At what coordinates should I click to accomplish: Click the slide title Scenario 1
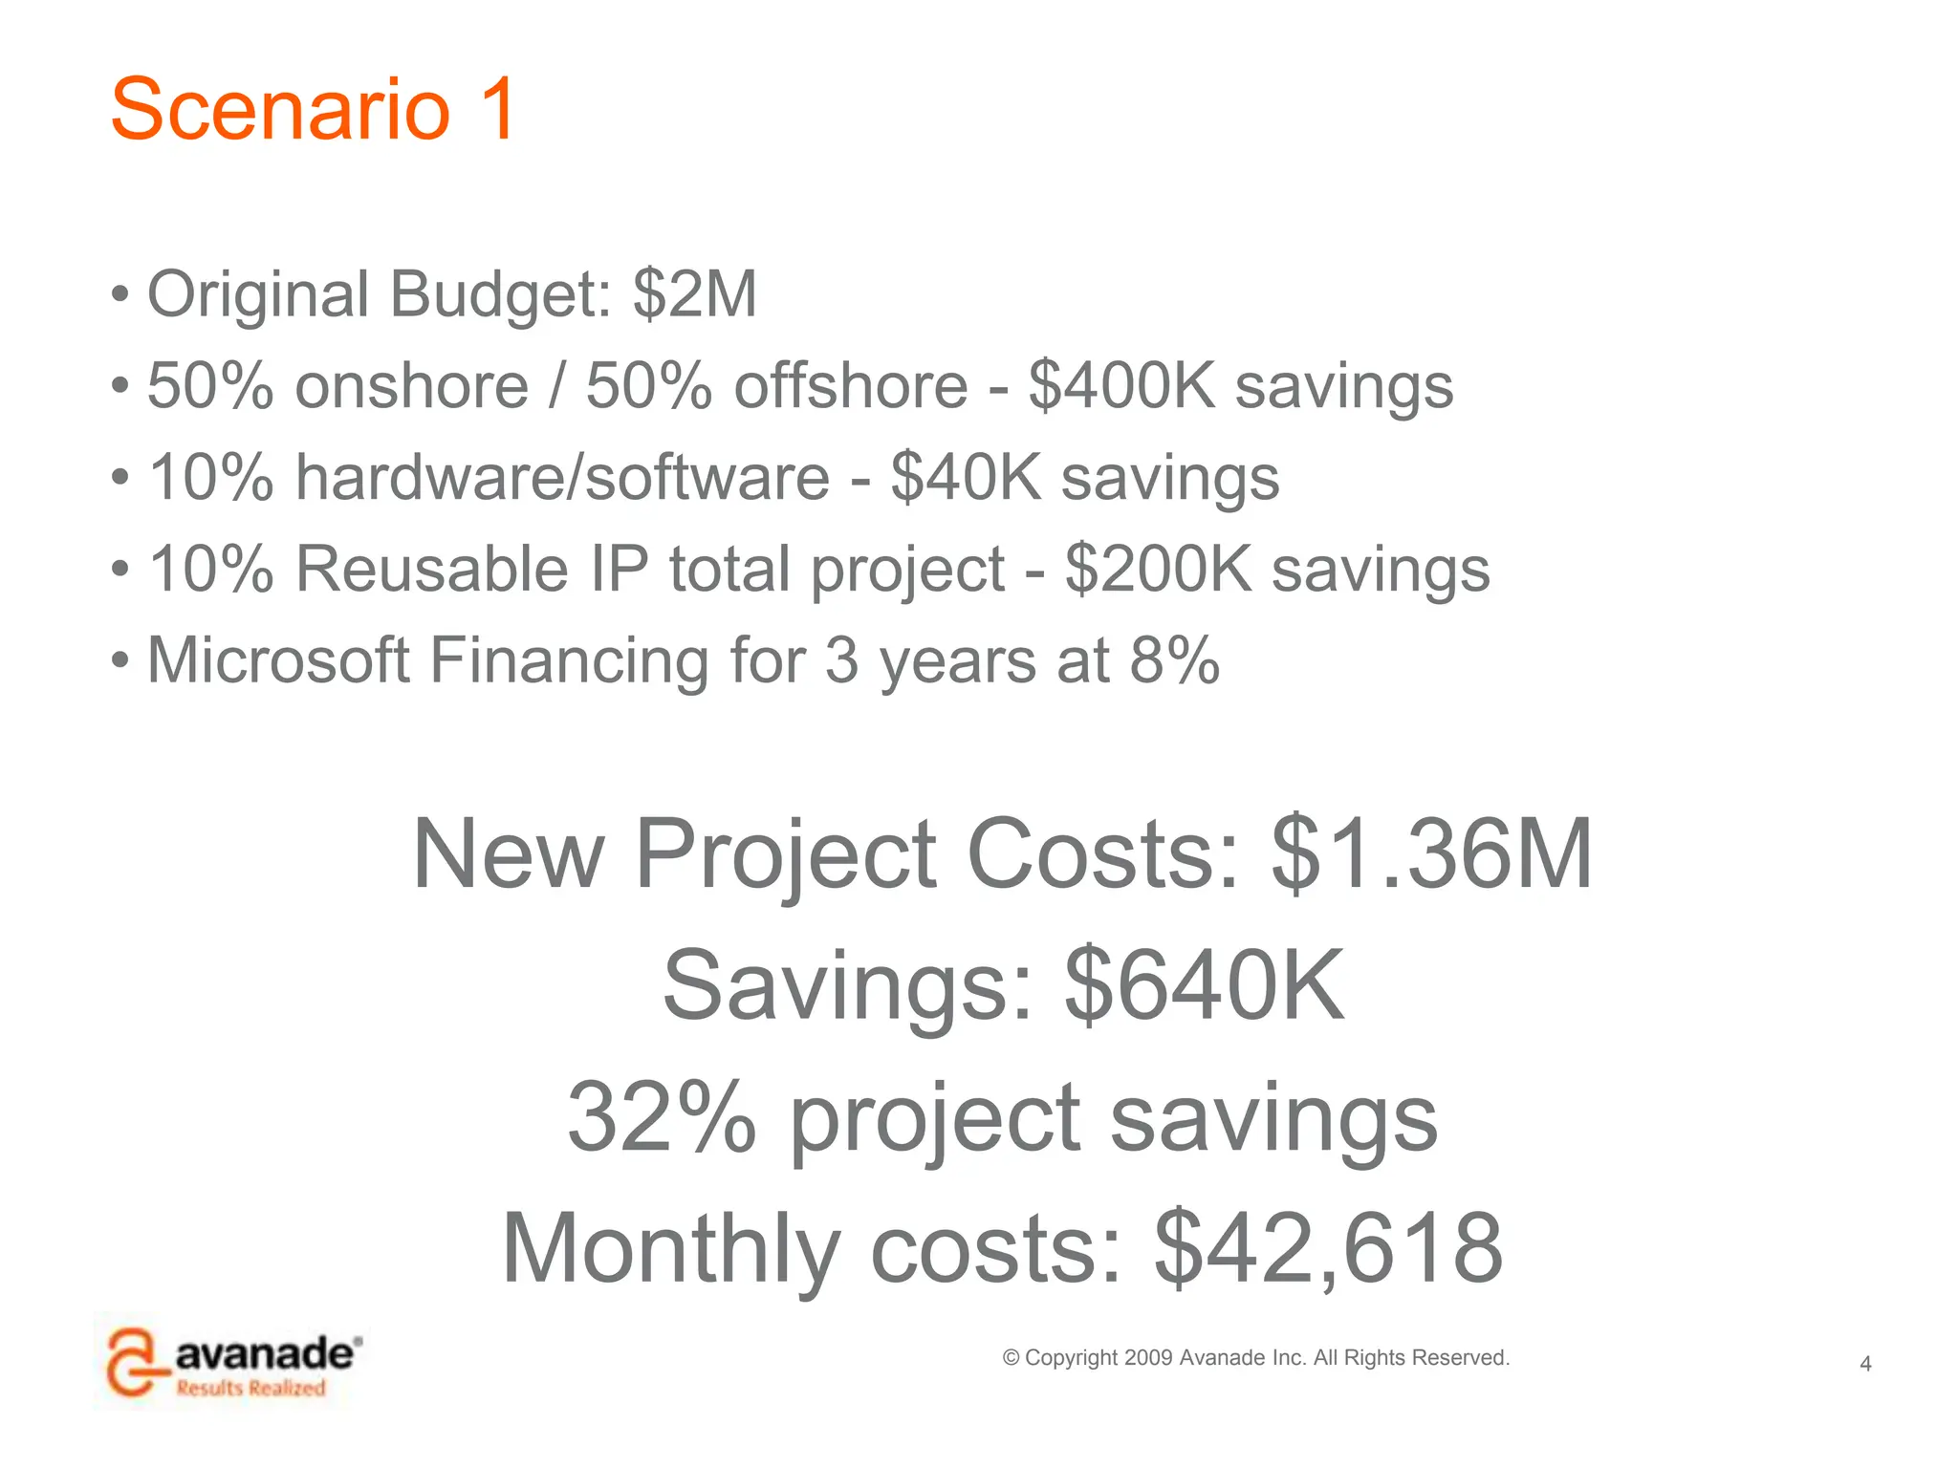[x=314, y=109]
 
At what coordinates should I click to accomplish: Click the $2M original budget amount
[x=695, y=293]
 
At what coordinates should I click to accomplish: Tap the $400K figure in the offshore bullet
[x=1121, y=386]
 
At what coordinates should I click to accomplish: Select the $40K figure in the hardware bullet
[x=966, y=478]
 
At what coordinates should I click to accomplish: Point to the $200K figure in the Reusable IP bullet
[x=1158, y=570]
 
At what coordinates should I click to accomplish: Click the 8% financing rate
[x=1174, y=660]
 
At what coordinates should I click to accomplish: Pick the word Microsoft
[x=278, y=660]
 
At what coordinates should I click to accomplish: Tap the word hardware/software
[x=562, y=478]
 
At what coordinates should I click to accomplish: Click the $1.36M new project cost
[x=1431, y=853]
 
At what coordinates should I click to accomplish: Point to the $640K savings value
[x=1205, y=985]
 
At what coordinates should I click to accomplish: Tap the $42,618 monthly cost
[x=1329, y=1248]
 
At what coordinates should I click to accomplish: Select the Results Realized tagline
[x=250, y=1388]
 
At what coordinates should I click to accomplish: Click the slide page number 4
[x=1865, y=1364]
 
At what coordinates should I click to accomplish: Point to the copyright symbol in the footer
[x=1011, y=1358]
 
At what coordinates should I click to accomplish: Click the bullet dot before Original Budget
[x=120, y=295]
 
